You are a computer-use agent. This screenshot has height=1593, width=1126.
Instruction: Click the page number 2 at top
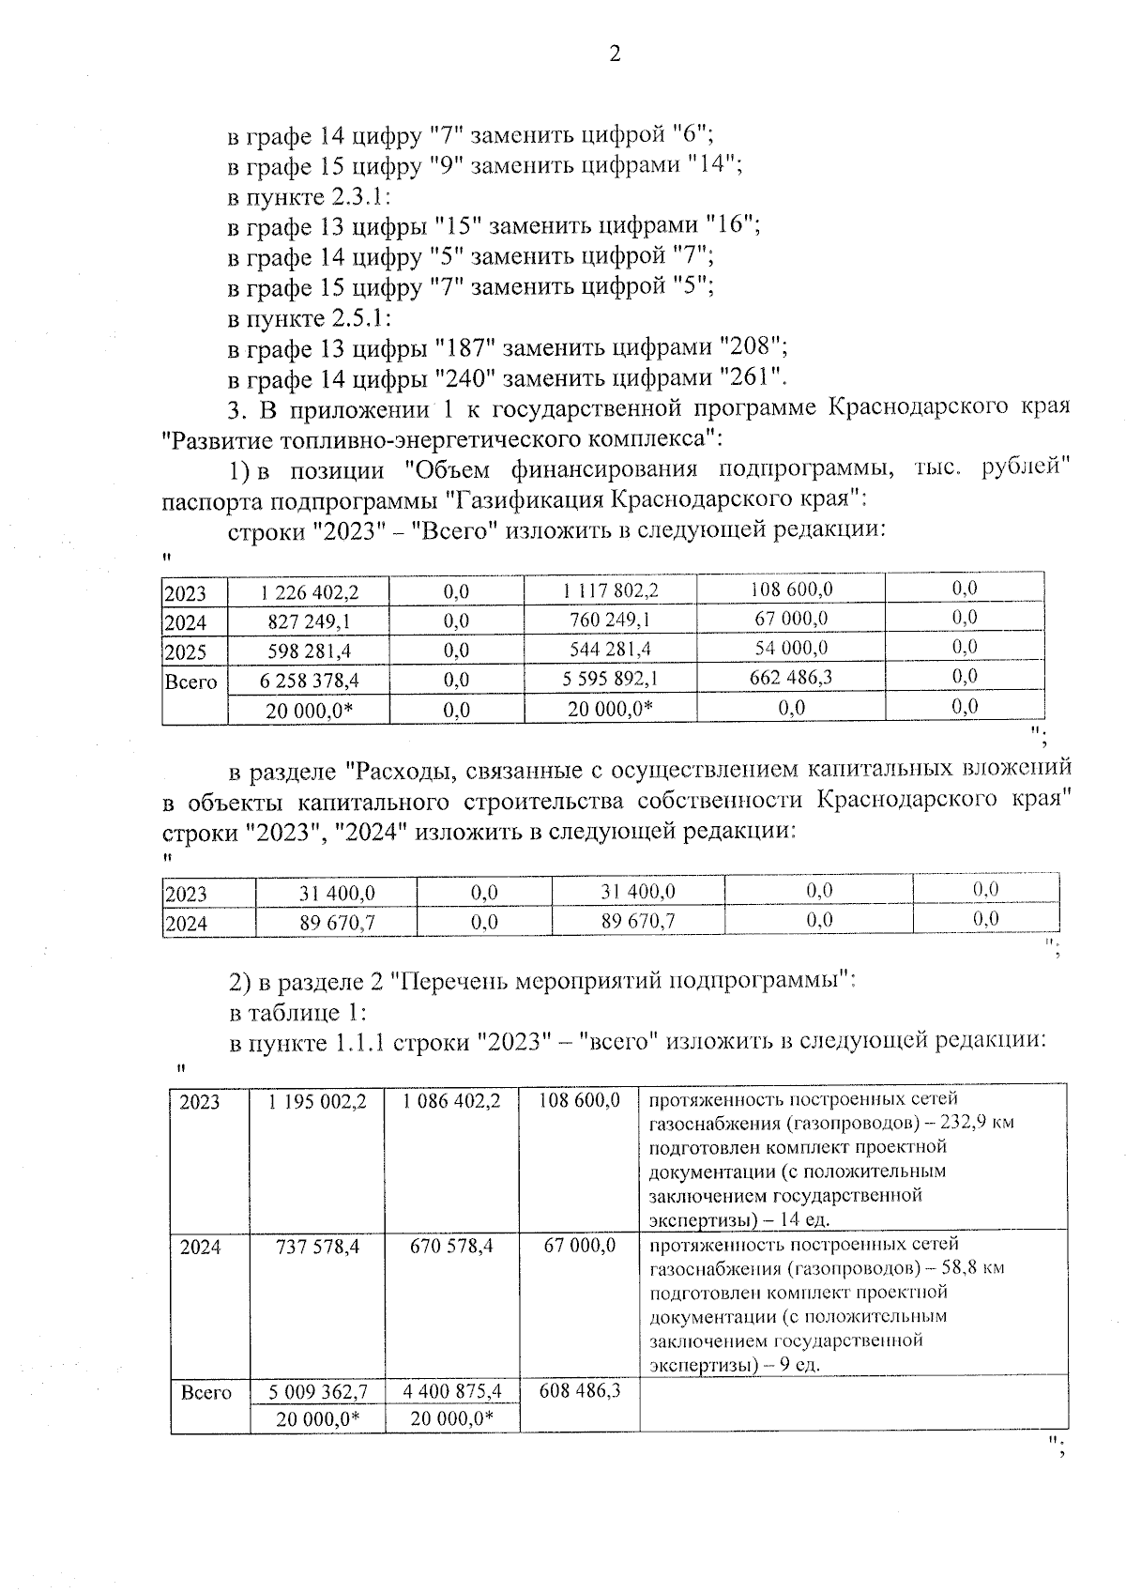pyautogui.click(x=615, y=54)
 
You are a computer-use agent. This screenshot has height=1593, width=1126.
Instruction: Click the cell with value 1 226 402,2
pyautogui.click(x=311, y=592)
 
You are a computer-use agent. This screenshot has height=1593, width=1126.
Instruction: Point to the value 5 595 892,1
pyautogui.click(x=610, y=680)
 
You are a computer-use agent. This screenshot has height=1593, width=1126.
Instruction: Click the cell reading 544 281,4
pyautogui.click(x=610, y=650)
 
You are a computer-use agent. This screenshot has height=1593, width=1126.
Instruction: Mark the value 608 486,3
pyautogui.click(x=580, y=1390)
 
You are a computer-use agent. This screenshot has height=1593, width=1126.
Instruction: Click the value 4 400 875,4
pyautogui.click(x=452, y=1391)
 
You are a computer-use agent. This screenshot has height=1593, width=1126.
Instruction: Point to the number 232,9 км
pyautogui.click(x=977, y=1123)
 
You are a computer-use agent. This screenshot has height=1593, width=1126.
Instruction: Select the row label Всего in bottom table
pyautogui.click(x=206, y=1392)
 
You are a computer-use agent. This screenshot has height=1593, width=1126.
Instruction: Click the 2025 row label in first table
pyautogui.click(x=185, y=652)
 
